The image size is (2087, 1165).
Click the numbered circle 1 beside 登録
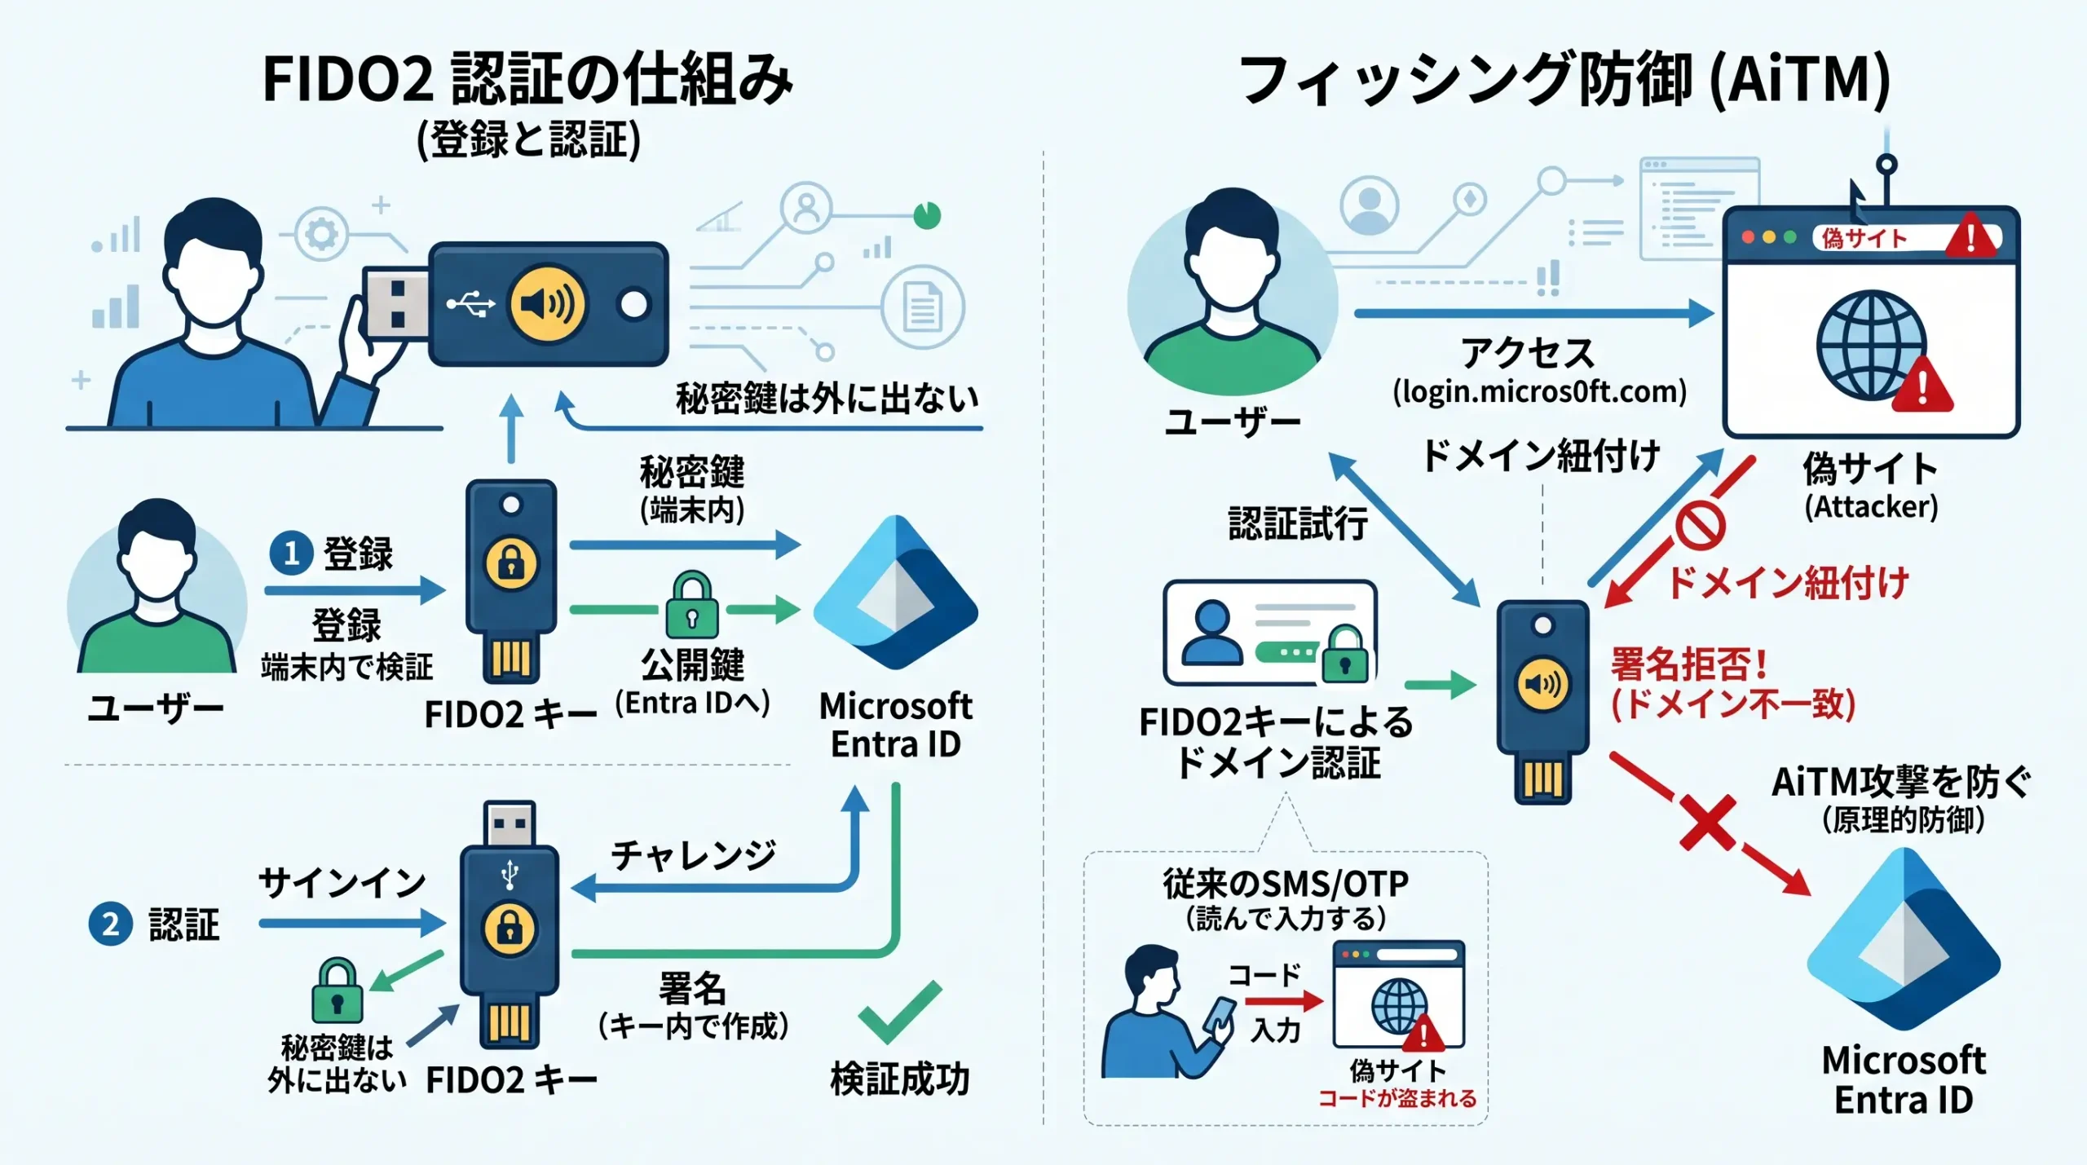tap(291, 553)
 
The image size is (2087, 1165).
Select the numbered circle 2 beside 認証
tap(110, 924)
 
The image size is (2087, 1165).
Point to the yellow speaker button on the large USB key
tap(547, 304)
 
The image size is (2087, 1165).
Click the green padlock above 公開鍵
tap(691, 604)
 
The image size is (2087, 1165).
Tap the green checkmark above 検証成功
tap(899, 1011)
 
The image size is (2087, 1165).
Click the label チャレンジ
tap(693, 855)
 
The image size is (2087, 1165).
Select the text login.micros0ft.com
tap(1539, 392)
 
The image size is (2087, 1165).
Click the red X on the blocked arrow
tap(1707, 823)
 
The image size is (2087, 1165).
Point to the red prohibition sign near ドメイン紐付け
tap(1700, 525)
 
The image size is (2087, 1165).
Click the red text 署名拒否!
tap(1688, 664)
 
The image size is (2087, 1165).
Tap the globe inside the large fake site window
tap(1872, 346)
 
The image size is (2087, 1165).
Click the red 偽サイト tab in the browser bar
tap(1864, 238)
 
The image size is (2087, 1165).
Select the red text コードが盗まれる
tap(1397, 1098)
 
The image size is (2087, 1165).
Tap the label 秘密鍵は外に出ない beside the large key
tap(827, 399)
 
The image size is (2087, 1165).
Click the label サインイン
tap(342, 883)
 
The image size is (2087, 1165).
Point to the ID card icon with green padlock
tap(1270, 633)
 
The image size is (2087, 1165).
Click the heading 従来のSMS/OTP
tap(1286, 884)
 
